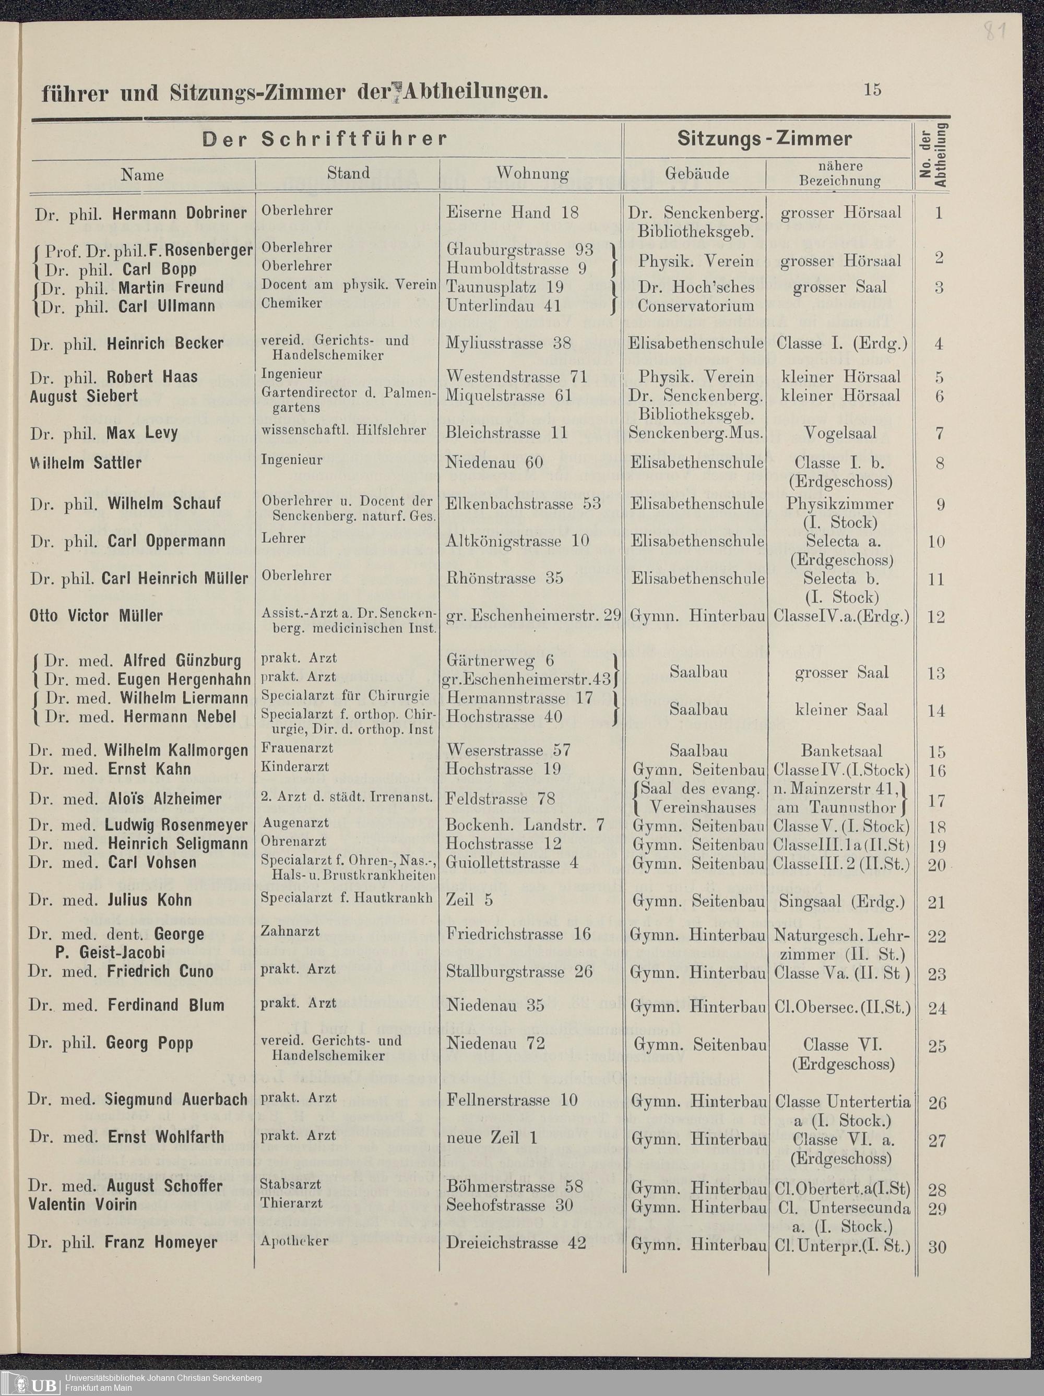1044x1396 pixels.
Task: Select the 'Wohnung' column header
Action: (x=532, y=174)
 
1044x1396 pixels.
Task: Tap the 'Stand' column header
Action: (x=348, y=173)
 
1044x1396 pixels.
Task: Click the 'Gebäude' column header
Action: (x=696, y=174)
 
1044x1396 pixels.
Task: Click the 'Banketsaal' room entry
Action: (x=841, y=751)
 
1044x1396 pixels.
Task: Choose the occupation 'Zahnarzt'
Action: (x=290, y=931)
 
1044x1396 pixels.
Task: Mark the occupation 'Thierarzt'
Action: (x=291, y=1203)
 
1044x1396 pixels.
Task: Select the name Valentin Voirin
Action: (x=82, y=1204)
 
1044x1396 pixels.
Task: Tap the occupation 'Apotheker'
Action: (x=294, y=1242)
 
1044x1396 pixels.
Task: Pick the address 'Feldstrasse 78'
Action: (x=500, y=798)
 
